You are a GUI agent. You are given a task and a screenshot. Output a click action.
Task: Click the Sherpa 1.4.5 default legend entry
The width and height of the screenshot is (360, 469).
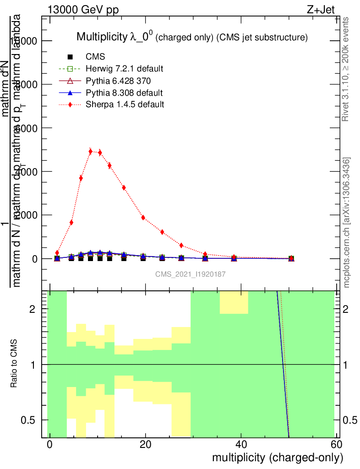pyautogui.click(x=125, y=104)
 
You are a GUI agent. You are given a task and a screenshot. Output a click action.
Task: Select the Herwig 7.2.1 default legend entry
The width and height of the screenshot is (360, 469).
pyautogui.click(x=124, y=69)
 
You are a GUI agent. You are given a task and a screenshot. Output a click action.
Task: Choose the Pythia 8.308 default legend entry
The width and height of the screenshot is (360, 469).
pyautogui.click(x=124, y=93)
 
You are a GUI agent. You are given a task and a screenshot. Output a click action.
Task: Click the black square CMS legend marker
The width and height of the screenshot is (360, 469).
pyautogui.click(x=70, y=57)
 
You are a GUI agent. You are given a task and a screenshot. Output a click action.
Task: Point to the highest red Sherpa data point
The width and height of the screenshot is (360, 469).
pyautogui.click(x=91, y=151)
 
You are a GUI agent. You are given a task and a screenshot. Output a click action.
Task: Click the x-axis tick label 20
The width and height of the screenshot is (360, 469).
pyautogui.click(x=146, y=445)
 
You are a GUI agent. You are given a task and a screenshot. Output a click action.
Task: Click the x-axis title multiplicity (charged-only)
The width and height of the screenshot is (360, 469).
pyautogui.click(x=277, y=458)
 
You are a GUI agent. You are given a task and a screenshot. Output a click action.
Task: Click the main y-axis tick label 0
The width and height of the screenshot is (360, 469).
pyautogui.click(x=36, y=259)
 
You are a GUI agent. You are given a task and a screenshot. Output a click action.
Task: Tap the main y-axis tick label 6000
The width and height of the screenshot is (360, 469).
pyautogui.click(x=27, y=128)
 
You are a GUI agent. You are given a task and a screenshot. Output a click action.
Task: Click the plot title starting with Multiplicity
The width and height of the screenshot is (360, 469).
pyautogui.click(x=191, y=37)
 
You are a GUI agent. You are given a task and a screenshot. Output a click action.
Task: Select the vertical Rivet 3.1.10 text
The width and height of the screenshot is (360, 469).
pyautogui.click(x=346, y=69)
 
